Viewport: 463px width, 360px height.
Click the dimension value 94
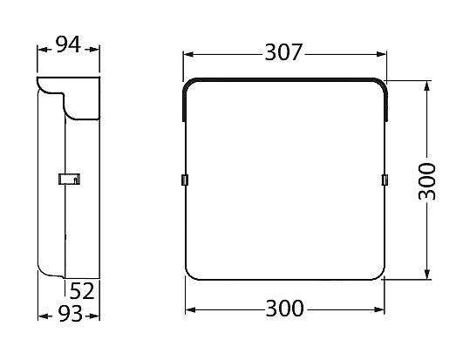click(x=69, y=45)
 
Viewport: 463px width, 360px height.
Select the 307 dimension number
click(x=283, y=53)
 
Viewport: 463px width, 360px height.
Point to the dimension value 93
click(x=69, y=314)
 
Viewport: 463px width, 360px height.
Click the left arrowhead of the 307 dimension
click(x=187, y=54)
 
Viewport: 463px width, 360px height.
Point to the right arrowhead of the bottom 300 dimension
click(x=380, y=309)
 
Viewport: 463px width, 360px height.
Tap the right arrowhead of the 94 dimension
click(x=97, y=49)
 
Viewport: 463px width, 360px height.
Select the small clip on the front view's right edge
click(x=385, y=180)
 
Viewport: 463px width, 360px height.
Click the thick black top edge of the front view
click(x=283, y=79)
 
